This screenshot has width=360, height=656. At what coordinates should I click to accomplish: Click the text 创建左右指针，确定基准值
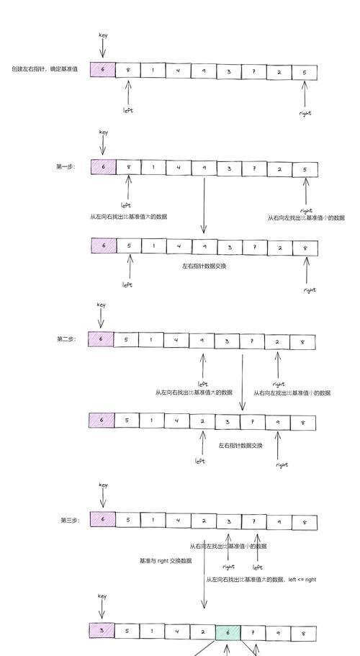tap(45, 69)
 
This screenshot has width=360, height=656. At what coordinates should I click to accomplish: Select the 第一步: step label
tap(66, 166)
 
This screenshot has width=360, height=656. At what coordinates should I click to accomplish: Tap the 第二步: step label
tap(66, 339)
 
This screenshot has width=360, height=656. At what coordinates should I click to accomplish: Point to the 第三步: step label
tap(70, 521)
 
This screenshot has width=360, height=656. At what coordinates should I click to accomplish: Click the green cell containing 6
tap(228, 632)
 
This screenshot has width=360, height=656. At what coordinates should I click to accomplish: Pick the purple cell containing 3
tap(102, 631)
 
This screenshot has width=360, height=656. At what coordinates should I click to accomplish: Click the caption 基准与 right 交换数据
tap(166, 561)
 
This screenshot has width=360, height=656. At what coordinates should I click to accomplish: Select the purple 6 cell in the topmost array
tap(103, 69)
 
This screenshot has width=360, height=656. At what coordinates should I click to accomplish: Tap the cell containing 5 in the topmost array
tap(305, 73)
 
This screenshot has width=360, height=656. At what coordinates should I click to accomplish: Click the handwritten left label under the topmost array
tap(128, 110)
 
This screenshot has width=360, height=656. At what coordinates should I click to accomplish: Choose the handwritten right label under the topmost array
tap(306, 113)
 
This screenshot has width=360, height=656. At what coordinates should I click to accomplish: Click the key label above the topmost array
tap(103, 35)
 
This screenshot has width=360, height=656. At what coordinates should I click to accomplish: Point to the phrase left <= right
tap(302, 580)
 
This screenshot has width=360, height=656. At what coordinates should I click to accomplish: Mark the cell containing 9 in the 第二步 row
tap(202, 341)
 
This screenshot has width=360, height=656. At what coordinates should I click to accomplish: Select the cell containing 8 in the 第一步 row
tap(128, 167)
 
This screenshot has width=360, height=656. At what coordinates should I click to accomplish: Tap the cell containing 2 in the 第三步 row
tap(204, 521)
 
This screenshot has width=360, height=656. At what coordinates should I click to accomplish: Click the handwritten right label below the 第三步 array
tap(229, 567)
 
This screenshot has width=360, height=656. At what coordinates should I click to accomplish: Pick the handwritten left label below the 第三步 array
tap(258, 567)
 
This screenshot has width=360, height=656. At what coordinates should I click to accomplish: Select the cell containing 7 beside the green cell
tap(253, 634)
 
